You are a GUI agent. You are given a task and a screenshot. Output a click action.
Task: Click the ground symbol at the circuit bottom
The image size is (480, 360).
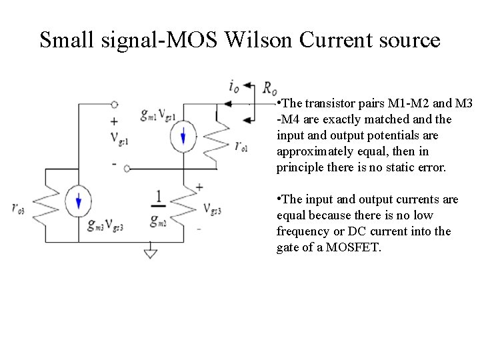coord(151,253)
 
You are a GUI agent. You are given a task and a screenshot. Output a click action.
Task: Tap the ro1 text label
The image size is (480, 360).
coord(241,146)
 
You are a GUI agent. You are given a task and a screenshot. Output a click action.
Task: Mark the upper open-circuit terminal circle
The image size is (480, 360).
coord(115,105)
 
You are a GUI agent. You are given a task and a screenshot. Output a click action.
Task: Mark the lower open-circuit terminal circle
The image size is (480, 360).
coord(127,169)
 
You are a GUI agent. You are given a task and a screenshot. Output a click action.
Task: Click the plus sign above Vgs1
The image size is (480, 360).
coord(114,122)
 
